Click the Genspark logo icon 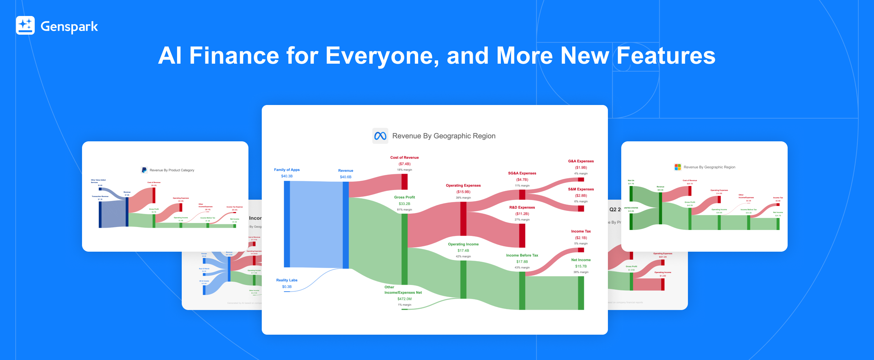pos(25,25)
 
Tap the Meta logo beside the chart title pos(380,136)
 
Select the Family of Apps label pos(287,170)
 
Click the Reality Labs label pos(287,280)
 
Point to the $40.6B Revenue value pos(345,177)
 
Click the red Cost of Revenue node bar pos(404,182)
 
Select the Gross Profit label pos(404,197)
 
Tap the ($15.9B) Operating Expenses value pos(463,192)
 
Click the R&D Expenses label pos(522,207)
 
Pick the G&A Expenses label pos(581,161)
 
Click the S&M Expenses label pos(581,189)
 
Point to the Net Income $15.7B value pos(581,266)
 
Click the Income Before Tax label pos(522,255)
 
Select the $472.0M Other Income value pos(404,299)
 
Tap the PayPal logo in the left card pos(144,170)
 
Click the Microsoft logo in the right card pos(678,167)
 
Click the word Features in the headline pos(666,56)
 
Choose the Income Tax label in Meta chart pos(581,231)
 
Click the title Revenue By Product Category pos(172,170)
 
